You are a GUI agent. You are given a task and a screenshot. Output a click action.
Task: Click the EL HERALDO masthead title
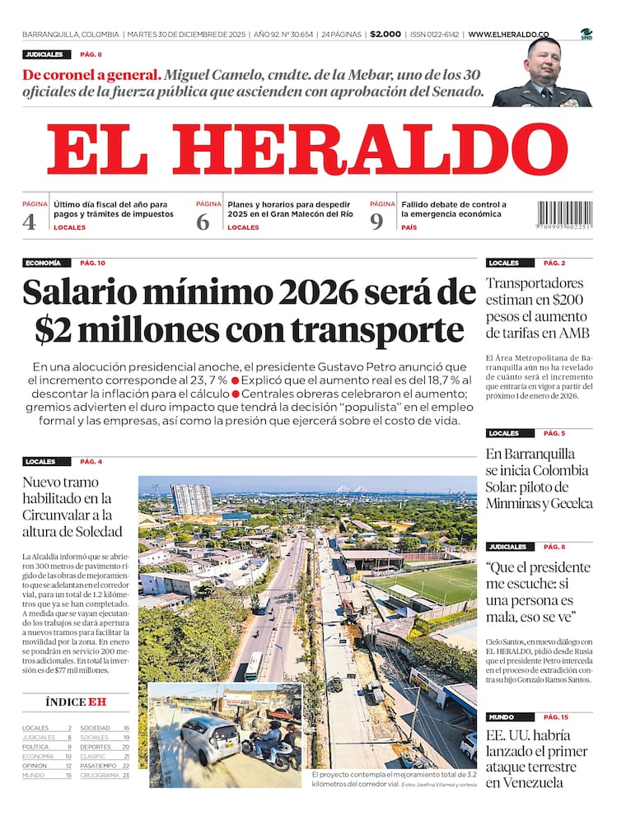pyautogui.click(x=306, y=150)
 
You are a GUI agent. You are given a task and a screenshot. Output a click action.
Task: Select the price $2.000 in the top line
pyautogui.click(x=385, y=35)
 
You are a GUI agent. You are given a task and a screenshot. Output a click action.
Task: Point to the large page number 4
pyautogui.click(x=30, y=221)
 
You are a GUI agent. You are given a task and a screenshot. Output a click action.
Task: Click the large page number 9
pyautogui.click(x=376, y=221)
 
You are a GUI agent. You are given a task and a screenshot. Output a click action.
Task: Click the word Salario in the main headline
pyautogui.click(x=94, y=293)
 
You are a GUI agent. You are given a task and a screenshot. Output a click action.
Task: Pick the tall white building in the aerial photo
pyautogui.click(x=191, y=499)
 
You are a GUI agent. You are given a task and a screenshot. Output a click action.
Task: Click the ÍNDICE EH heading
pyautogui.click(x=76, y=702)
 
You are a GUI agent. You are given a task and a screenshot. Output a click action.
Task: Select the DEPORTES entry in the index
pyautogui.click(x=96, y=747)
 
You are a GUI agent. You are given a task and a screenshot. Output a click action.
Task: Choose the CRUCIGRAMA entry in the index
pyautogui.click(x=100, y=775)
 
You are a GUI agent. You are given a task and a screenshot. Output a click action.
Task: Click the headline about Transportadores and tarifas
pyautogui.click(x=537, y=308)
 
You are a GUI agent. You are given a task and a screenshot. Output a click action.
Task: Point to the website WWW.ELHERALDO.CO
pyautogui.click(x=508, y=35)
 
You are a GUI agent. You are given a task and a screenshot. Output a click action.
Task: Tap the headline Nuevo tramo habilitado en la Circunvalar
pyautogui.click(x=72, y=506)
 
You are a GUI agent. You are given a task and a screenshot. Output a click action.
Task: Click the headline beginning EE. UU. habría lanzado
pyautogui.click(x=537, y=758)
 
